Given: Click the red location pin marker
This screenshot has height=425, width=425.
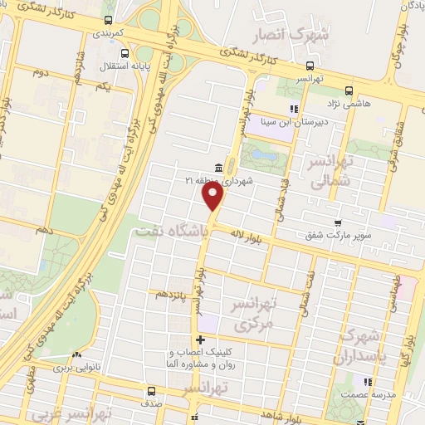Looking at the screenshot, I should [214, 197].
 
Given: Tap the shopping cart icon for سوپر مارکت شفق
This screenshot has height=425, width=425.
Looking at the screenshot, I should [337, 222].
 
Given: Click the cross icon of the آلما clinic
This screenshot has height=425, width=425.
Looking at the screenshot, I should [199, 340].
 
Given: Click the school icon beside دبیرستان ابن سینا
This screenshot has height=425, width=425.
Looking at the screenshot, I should [292, 109].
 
